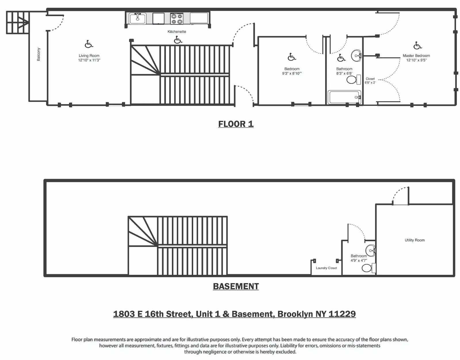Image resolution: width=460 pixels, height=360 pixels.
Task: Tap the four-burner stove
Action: [177, 19]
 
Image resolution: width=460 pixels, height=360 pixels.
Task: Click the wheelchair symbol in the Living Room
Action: [89, 44]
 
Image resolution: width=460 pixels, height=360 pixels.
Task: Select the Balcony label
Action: [39, 54]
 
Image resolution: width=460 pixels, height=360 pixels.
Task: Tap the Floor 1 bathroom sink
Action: [356, 56]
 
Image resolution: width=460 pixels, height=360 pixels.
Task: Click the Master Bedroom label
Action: [416, 56]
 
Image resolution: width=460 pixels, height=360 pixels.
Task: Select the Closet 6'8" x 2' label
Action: [370, 81]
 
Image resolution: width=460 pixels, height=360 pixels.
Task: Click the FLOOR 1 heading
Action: [236, 124]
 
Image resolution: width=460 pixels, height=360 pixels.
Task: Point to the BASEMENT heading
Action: [236, 286]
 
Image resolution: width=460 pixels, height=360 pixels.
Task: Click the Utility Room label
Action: [415, 240]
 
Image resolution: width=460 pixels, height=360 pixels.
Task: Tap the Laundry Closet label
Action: [326, 268]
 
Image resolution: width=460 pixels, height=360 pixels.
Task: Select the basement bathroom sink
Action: [370, 250]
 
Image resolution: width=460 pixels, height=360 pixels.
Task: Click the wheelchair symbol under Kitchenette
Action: [178, 40]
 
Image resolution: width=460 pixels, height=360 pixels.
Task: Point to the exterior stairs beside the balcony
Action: [18, 22]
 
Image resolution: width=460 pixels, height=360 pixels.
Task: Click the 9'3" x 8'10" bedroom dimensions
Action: [292, 74]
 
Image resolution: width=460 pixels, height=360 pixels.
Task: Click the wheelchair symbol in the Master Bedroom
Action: [417, 45]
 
